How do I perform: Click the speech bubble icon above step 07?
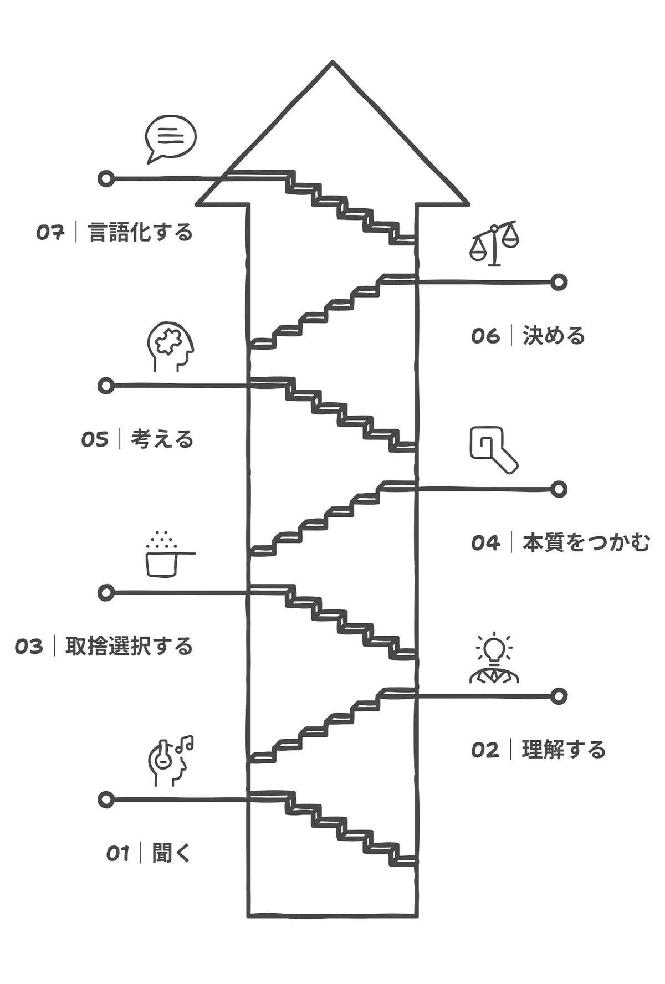tap(171, 139)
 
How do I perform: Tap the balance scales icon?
tap(494, 243)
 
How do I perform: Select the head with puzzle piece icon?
tap(170, 347)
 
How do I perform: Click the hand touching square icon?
tap(493, 449)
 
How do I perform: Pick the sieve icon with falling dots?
tap(166, 555)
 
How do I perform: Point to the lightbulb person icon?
tap(494, 658)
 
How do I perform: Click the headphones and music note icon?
tap(171, 761)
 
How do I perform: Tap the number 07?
tap(51, 233)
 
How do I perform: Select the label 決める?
tap(554, 336)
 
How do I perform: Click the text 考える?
tap(162, 439)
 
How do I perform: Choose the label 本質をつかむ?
tap(586, 543)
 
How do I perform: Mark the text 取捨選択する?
tap(129, 647)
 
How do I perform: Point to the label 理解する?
tap(564, 750)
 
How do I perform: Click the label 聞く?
tap(171, 853)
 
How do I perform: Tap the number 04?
tap(485, 543)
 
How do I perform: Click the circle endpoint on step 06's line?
tap(559, 282)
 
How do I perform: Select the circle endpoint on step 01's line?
tap(106, 799)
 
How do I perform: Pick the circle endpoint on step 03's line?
tap(106, 592)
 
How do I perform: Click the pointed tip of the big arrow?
tap(332, 63)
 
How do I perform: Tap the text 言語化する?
tap(141, 233)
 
